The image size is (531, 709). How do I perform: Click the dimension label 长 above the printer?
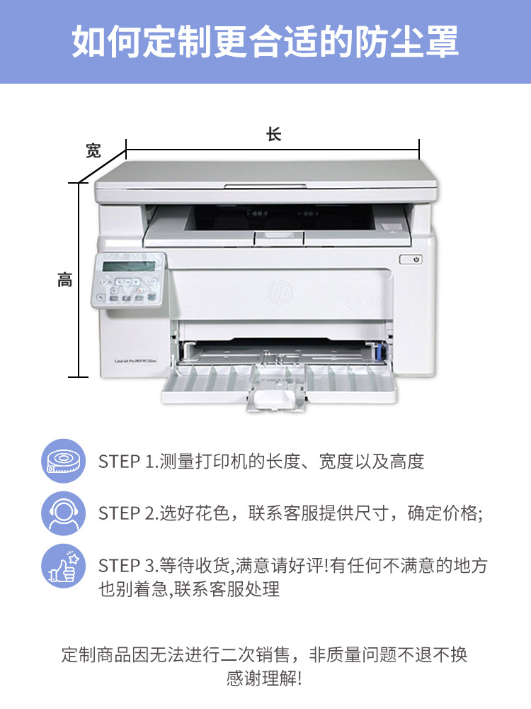tap(273, 134)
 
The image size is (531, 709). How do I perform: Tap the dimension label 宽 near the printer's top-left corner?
tap(93, 150)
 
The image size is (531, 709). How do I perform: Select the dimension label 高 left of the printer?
tap(64, 280)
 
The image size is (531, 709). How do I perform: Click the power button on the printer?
tap(411, 259)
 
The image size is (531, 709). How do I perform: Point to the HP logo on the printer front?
tap(280, 291)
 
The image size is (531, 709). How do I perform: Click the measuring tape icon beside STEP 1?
tap(64, 461)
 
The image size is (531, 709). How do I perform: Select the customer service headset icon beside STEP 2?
tap(64, 513)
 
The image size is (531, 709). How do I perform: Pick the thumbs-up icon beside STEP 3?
tap(64, 566)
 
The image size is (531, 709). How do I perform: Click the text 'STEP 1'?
tap(126, 462)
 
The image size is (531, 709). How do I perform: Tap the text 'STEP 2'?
tap(127, 513)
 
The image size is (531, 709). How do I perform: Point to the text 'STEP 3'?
tap(127, 566)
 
